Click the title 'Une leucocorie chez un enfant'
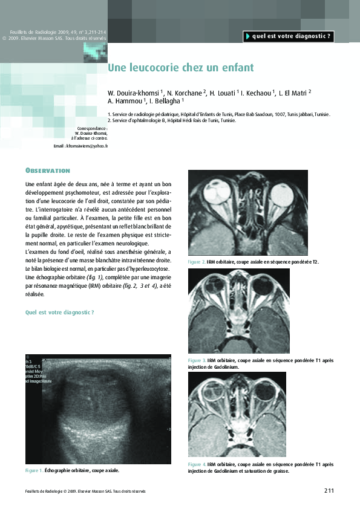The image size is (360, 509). tap(180, 67)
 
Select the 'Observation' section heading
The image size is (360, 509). tap(48, 170)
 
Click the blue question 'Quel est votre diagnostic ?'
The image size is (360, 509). tap(59, 313)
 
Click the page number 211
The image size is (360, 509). tap(329, 490)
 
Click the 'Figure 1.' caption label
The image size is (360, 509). tap(34, 470)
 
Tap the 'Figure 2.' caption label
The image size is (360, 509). tap(196, 262)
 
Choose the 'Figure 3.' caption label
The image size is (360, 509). tap(197, 360)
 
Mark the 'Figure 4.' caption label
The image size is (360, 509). tap(197, 464)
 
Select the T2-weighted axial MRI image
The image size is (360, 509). tap(248, 212)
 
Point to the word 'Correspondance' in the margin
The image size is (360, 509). tap(93, 129)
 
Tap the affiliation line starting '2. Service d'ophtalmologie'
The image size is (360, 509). tap(172, 120)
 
